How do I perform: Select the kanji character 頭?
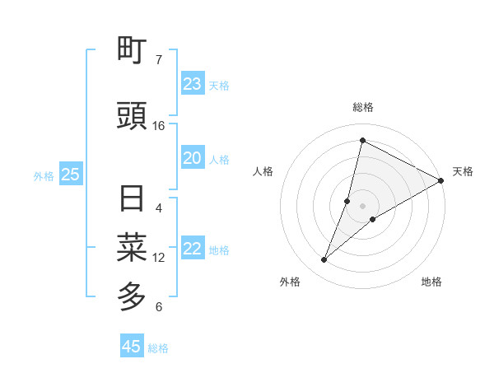pyautogui.click(x=133, y=117)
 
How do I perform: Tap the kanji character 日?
pyautogui.click(x=133, y=199)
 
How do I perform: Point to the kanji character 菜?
pyautogui.click(x=133, y=246)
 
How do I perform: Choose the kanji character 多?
pyautogui.click(x=133, y=295)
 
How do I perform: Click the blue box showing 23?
pyautogui.click(x=192, y=84)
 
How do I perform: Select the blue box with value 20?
pyautogui.click(x=192, y=158)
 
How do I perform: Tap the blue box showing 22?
pyautogui.click(x=192, y=249)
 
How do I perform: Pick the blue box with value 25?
pyautogui.click(x=70, y=175)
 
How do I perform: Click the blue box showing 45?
pyautogui.click(x=132, y=347)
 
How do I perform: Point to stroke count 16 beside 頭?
pyautogui.click(x=159, y=126)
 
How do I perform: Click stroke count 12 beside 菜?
pyautogui.click(x=159, y=258)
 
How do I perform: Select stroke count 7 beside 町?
pyautogui.click(x=159, y=59)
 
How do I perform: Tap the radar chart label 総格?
pyautogui.click(x=362, y=107)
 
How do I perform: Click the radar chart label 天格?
pyautogui.click(x=463, y=171)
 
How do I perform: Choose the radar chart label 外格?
pyautogui.click(x=290, y=282)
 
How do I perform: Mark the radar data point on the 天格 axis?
pyautogui.click(x=441, y=180)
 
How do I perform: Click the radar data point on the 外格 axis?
pyautogui.click(x=324, y=260)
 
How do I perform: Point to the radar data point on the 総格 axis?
pyautogui.click(x=362, y=140)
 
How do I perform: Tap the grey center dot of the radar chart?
pyautogui.click(x=362, y=205)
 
